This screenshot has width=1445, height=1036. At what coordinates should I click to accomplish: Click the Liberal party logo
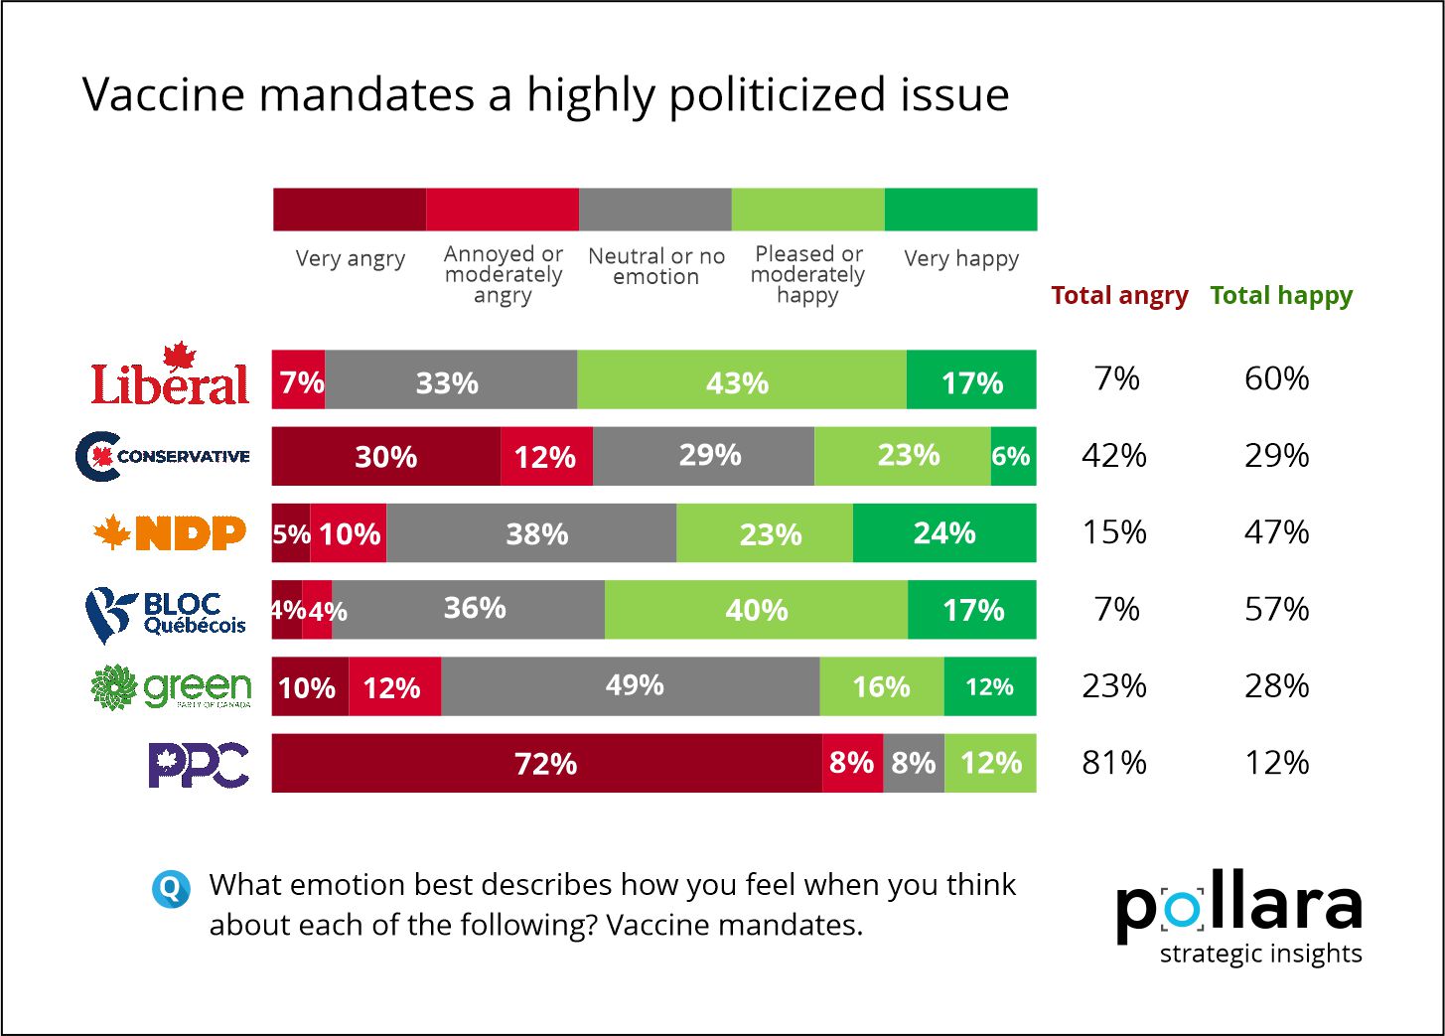(170, 376)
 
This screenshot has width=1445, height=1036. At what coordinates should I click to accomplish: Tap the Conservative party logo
(163, 456)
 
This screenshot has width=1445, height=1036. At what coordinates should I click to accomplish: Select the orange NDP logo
(170, 533)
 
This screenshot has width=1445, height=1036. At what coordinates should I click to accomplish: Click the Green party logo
(171, 687)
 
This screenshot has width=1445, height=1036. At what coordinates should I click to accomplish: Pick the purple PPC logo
(199, 764)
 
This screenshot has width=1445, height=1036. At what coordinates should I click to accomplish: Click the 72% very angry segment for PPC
(546, 764)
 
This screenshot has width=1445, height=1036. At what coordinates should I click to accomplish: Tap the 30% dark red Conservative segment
(386, 457)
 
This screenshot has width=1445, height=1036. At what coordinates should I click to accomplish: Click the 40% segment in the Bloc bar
(756, 610)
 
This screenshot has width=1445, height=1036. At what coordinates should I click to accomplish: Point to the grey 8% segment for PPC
(914, 764)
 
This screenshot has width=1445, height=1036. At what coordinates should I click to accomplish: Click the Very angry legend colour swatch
(350, 210)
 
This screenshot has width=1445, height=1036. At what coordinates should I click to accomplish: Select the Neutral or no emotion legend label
(656, 266)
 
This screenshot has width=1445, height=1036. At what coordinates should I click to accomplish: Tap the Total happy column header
(1281, 295)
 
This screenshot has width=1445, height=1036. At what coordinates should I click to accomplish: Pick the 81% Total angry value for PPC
(1114, 763)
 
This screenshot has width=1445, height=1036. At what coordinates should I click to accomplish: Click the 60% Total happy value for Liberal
(1277, 378)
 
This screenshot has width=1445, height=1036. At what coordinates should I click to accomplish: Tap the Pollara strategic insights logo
(1239, 918)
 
